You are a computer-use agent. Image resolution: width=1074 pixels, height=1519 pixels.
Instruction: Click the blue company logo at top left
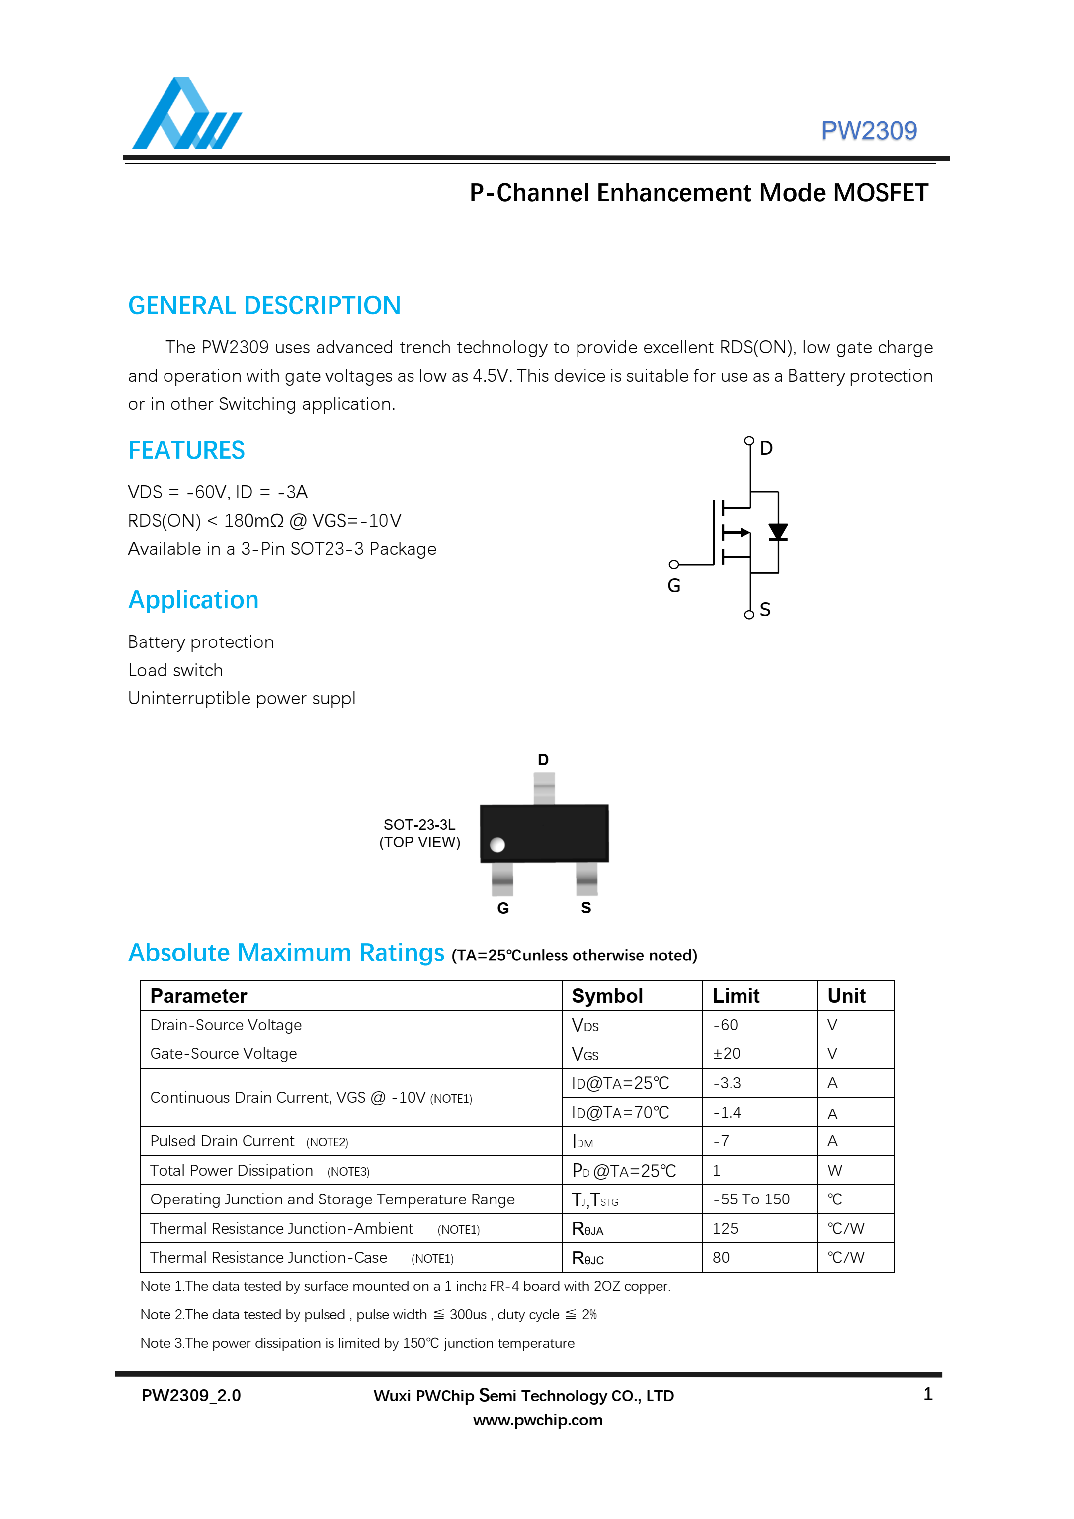[186, 114]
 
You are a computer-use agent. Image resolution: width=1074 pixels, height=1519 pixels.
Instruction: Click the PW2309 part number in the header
[868, 131]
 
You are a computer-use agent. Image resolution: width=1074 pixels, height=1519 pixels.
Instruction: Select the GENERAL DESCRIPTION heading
[264, 306]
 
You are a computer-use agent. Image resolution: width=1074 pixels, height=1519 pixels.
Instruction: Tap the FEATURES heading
[186, 451]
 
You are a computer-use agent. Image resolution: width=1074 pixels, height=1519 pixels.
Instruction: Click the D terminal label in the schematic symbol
[766, 449]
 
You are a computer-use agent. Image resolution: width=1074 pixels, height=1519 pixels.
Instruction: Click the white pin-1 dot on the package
[497, 845]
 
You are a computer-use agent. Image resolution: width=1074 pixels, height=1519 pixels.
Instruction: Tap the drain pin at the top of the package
[543, 788]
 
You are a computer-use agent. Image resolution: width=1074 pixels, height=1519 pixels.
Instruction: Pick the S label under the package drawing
[585, 908]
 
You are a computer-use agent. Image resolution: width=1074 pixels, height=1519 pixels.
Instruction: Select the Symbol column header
[607, 996]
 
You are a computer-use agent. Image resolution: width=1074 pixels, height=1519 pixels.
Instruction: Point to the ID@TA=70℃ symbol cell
[620, 1113]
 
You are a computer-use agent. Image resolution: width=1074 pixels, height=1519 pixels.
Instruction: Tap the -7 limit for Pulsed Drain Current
[721, 1141]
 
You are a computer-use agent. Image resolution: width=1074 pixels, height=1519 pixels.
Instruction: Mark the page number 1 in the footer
[928, 1395]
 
